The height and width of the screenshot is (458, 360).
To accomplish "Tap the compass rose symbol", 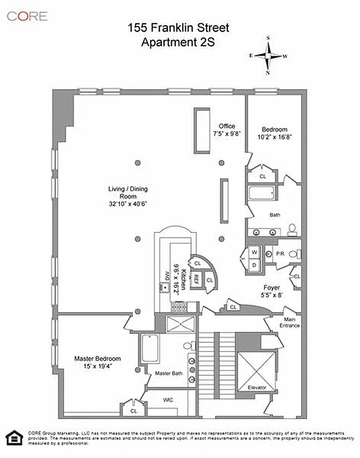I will click(x=268, y=56).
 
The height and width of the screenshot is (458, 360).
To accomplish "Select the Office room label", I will click(x=227, y=127).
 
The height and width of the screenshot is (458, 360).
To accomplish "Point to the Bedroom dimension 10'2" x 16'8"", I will click(x=275, y=137).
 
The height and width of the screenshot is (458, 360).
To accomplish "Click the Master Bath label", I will click(x=169, y=373).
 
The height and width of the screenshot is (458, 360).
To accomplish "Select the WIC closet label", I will click(x=168, y=399).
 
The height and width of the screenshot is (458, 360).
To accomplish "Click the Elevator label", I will click(x=257, y=388).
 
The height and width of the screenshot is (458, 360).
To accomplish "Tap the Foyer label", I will click(x=271, y=288).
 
